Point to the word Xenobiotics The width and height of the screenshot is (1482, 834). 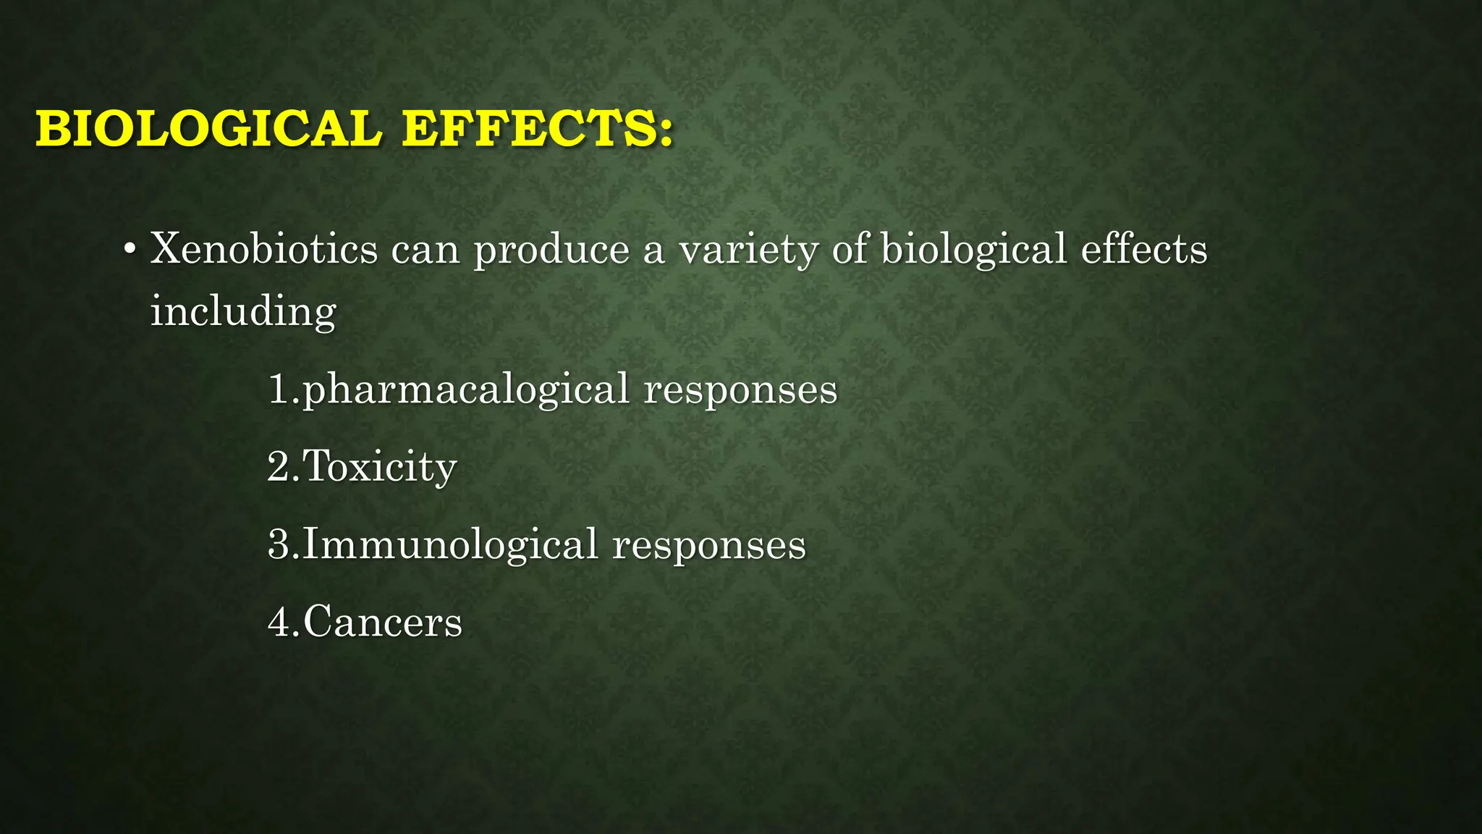pyautogui.click(x=264, y=249)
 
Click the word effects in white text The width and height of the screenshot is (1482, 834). pyautogui.click(x=1144, y=249)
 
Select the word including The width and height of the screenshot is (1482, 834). pyautogui.click(x=243, y=312)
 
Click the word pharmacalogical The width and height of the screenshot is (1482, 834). pyautogui.click(x=466, y=390)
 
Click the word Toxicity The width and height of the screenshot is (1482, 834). pyautogui.click(x=380, y=467)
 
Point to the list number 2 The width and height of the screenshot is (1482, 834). pyautogui.click(x=279, y=467)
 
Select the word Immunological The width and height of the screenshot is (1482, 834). pyautogui.click(x=450, y=545)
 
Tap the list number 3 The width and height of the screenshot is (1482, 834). pyautogui.click(x=279, y=545)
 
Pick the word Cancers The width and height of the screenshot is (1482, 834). pyautogui.click(x=383, y=623)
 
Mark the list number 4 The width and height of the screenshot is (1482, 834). pyautogui.click(x=279, y=623)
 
